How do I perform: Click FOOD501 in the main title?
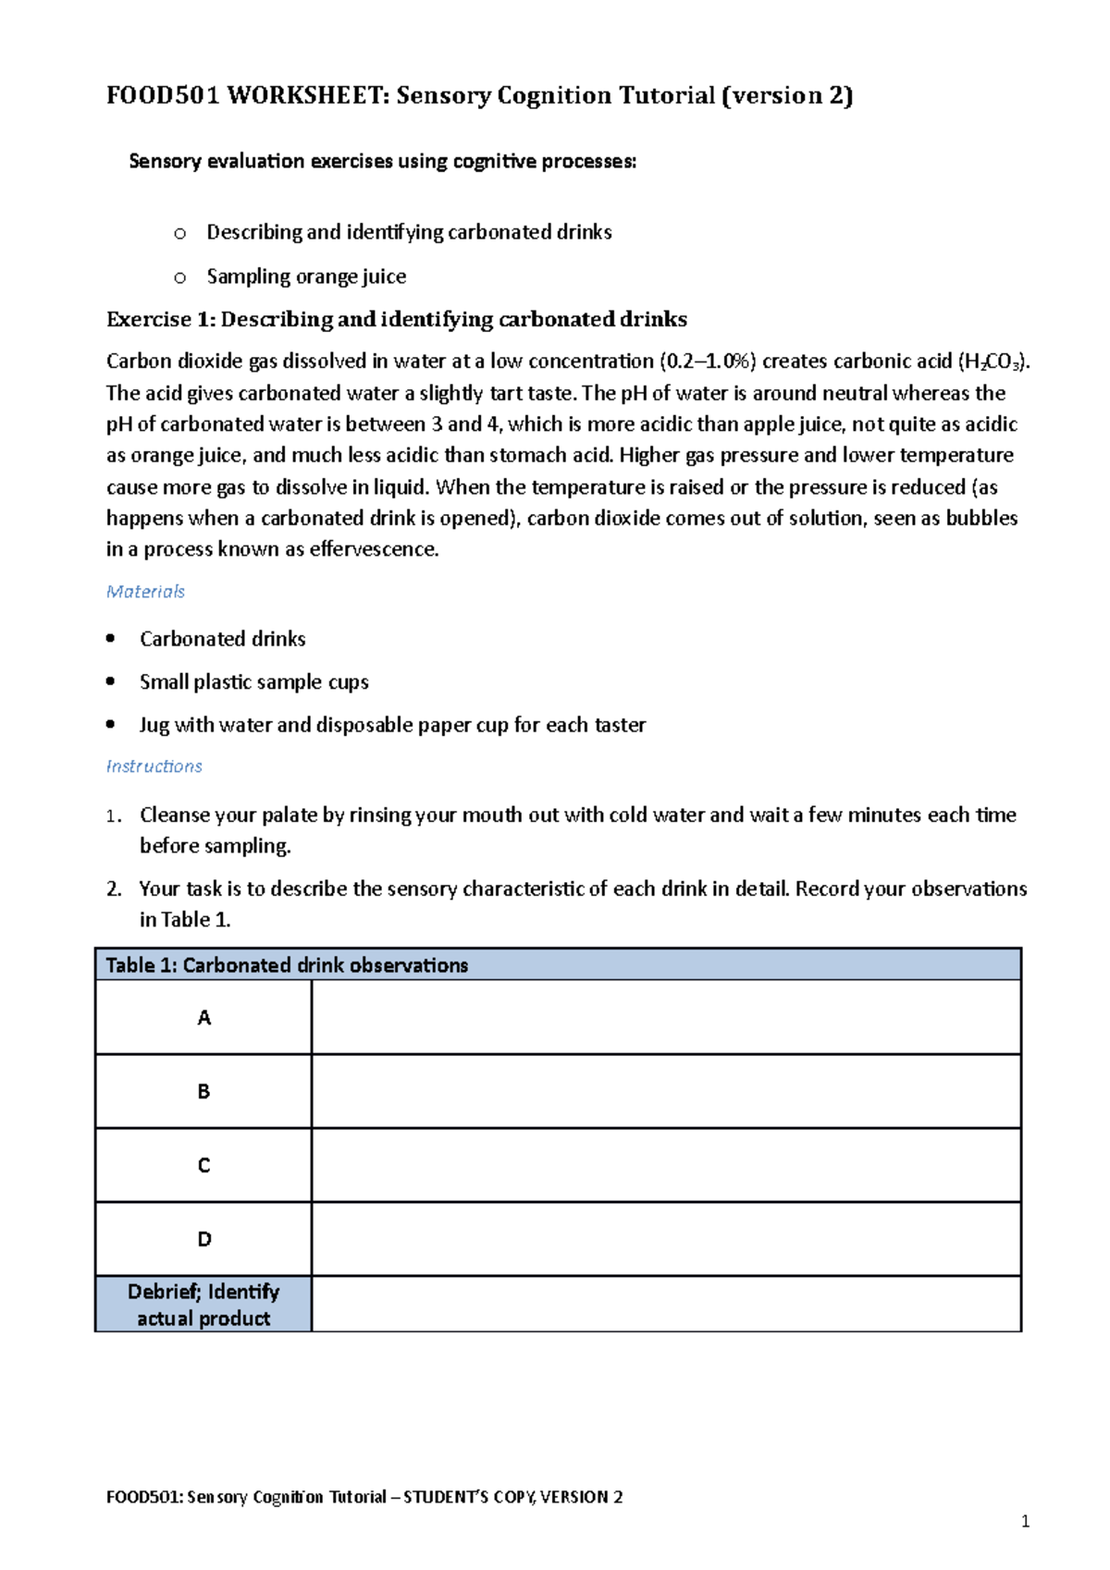(162, 96)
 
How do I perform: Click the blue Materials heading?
(145, 592)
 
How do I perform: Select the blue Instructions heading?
(154, 767)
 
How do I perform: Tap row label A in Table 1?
(203, 1018)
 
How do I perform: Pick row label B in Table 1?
(203, 1092)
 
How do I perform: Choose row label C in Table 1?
(203, 1166)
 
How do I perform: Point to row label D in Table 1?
(203, 1240)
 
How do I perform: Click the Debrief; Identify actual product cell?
(203, 1305)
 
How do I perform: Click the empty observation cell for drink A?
(666, 1018)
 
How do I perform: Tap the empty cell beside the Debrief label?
(666, 1305)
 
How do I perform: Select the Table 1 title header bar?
(558, 965)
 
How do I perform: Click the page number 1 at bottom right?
(1025, 1522)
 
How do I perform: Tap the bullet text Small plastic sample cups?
(253, 682)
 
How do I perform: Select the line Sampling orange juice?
(306, 276)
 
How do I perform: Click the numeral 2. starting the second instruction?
(114, 889)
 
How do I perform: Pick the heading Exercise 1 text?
(396, 320)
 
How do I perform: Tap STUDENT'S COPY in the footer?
(468, 1497)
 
